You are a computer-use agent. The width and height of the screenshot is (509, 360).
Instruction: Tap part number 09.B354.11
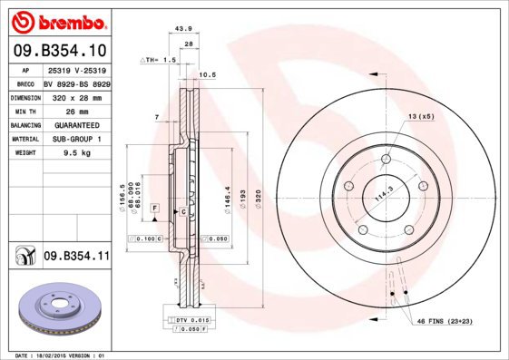(x=76, y=258)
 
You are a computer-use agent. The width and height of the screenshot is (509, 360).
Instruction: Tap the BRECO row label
(x=24, y=83)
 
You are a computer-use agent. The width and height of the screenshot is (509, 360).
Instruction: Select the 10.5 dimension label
(x=206, y=75)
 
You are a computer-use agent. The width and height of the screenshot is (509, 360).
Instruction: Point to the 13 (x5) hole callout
(x=421, y=117)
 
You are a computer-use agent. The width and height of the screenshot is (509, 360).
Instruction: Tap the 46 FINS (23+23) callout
(x=445, y=321)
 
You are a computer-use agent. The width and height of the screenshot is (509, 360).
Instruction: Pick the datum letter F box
(x=155, y=209)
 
